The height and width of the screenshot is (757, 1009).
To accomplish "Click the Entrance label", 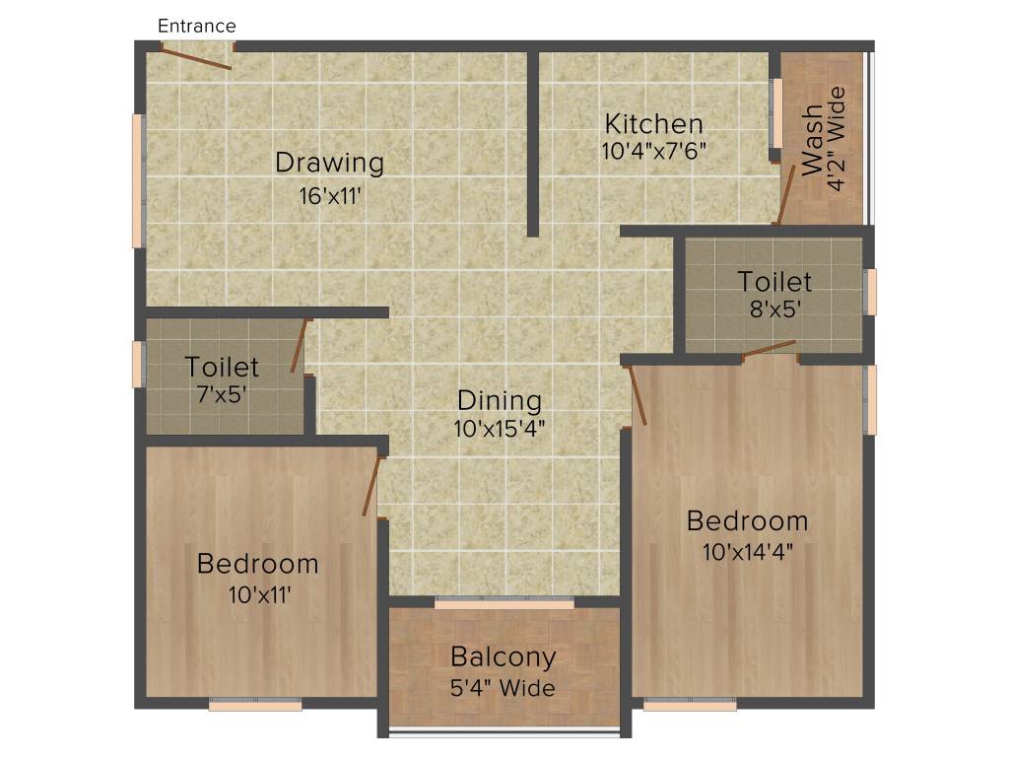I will click(197, 26).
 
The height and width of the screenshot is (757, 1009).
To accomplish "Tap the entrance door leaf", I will click(196, 58).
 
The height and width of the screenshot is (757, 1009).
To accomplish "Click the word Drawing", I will click(329, 163).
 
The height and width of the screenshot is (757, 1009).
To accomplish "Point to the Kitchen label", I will click(653, 124).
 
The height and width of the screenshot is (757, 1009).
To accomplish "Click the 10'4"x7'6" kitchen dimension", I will click(654, 152).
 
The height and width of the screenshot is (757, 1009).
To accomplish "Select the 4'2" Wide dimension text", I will click(838, 140).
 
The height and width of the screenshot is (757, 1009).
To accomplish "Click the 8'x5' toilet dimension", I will click(774, 308).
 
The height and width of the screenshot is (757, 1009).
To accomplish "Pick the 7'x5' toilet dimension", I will click(222, 394).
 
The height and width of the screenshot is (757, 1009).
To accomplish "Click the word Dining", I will click(499, 401).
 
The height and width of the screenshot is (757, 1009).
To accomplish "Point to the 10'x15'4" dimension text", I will click(500, 429).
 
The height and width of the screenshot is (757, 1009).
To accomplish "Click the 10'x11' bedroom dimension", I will click(257, 594).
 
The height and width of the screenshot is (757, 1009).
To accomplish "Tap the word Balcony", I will click(504, 656).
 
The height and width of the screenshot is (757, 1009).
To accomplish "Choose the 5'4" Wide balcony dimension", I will click(504, 687).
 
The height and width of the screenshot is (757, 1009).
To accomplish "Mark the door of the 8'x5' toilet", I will click(769, 348).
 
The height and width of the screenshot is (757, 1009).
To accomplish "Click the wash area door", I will click(786, 194).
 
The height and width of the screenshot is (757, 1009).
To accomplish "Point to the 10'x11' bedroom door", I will click(370, 483).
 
